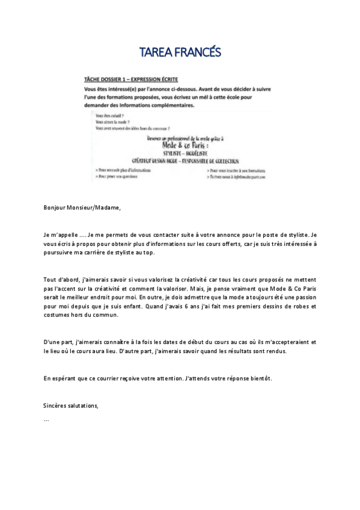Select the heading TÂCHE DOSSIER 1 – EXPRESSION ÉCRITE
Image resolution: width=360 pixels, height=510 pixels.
pos(135,79)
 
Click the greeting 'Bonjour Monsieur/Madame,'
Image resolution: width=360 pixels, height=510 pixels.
pos(82,208)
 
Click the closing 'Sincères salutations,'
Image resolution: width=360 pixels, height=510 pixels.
pos(71,405)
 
